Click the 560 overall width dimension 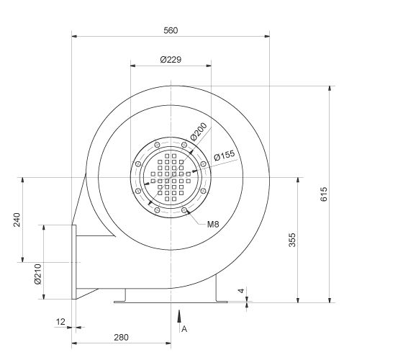pos(171,30)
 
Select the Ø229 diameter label pos(171,59)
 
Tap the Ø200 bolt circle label pos(199,131)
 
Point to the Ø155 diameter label pos(225,155)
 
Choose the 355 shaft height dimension pos(293,240)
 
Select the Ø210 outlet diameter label pos(37,273)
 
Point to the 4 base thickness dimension pos(242,292)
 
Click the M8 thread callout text pos(213,224)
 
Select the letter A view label pos(185,328)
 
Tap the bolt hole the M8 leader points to pos(185,210)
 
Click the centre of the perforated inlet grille pos(171,177)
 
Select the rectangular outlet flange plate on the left pos(74,261)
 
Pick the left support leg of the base pos(126,296)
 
